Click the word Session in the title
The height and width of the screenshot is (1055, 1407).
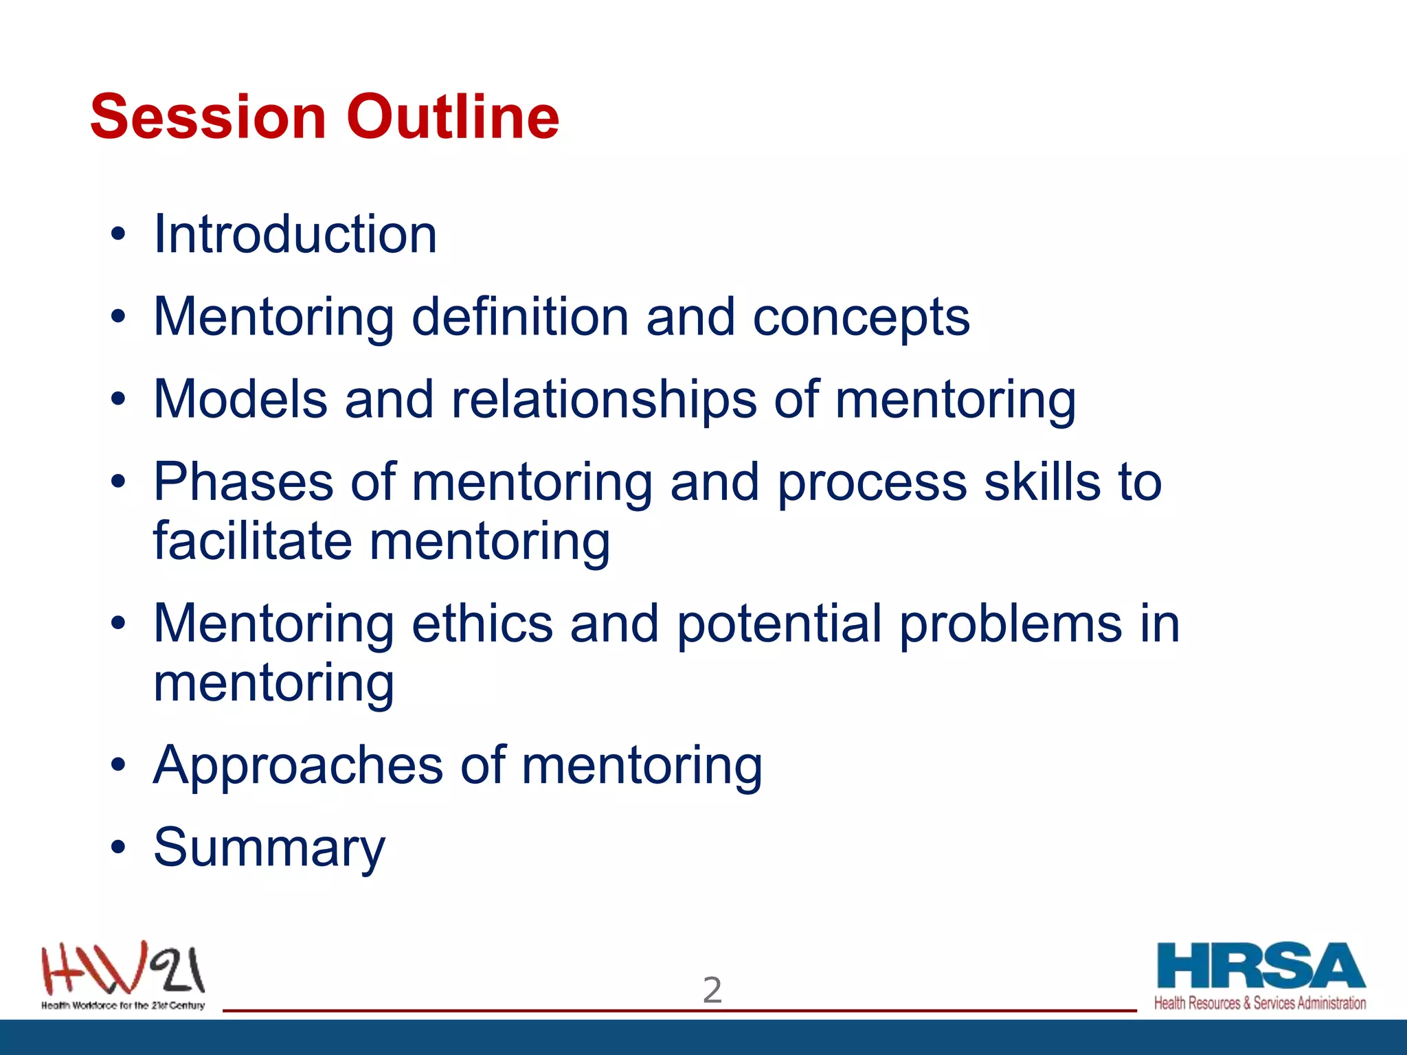207,117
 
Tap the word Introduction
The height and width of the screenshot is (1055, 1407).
295,234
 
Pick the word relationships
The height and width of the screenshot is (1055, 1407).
604,400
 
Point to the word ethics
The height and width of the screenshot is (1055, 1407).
482,624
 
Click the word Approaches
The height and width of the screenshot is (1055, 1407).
298,766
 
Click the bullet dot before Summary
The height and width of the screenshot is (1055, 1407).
118,848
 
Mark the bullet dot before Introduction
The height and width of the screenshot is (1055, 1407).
118,234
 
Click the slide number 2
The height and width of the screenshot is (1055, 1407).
712,990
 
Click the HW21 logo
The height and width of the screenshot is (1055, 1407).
123,970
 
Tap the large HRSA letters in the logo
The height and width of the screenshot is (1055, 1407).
1260,966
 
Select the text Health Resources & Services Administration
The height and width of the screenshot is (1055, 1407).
1259,1003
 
